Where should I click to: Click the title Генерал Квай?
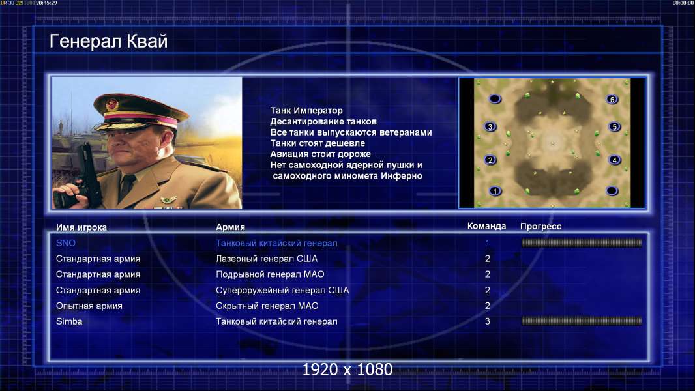coord(109,42)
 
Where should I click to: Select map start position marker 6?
coord(612,100)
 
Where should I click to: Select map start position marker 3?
coord(490,126)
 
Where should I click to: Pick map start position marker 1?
coord(495,192)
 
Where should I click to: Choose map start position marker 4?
coord(614,160)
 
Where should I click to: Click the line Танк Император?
coord(306,111)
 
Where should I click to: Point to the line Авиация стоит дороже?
coord(321,154)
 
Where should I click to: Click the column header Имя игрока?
coord(81,227)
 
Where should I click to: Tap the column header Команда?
coord(486,226)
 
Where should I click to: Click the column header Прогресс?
coord(540,227)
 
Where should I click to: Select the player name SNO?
coord(66,243)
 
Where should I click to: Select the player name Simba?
coord(69,321)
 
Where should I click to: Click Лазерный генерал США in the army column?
coord(267,259)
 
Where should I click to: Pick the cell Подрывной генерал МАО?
coord(270,274)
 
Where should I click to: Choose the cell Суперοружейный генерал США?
coord(282,291)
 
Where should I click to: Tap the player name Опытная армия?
coord(89,306)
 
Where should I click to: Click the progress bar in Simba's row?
coord(582,321)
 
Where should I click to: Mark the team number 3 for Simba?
coord(487,321)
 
